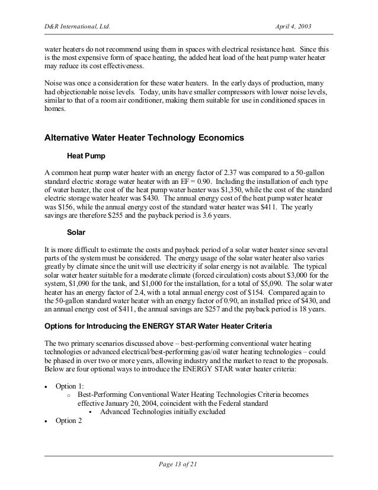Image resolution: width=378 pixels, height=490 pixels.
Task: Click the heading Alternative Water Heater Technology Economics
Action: coord(144,139)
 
